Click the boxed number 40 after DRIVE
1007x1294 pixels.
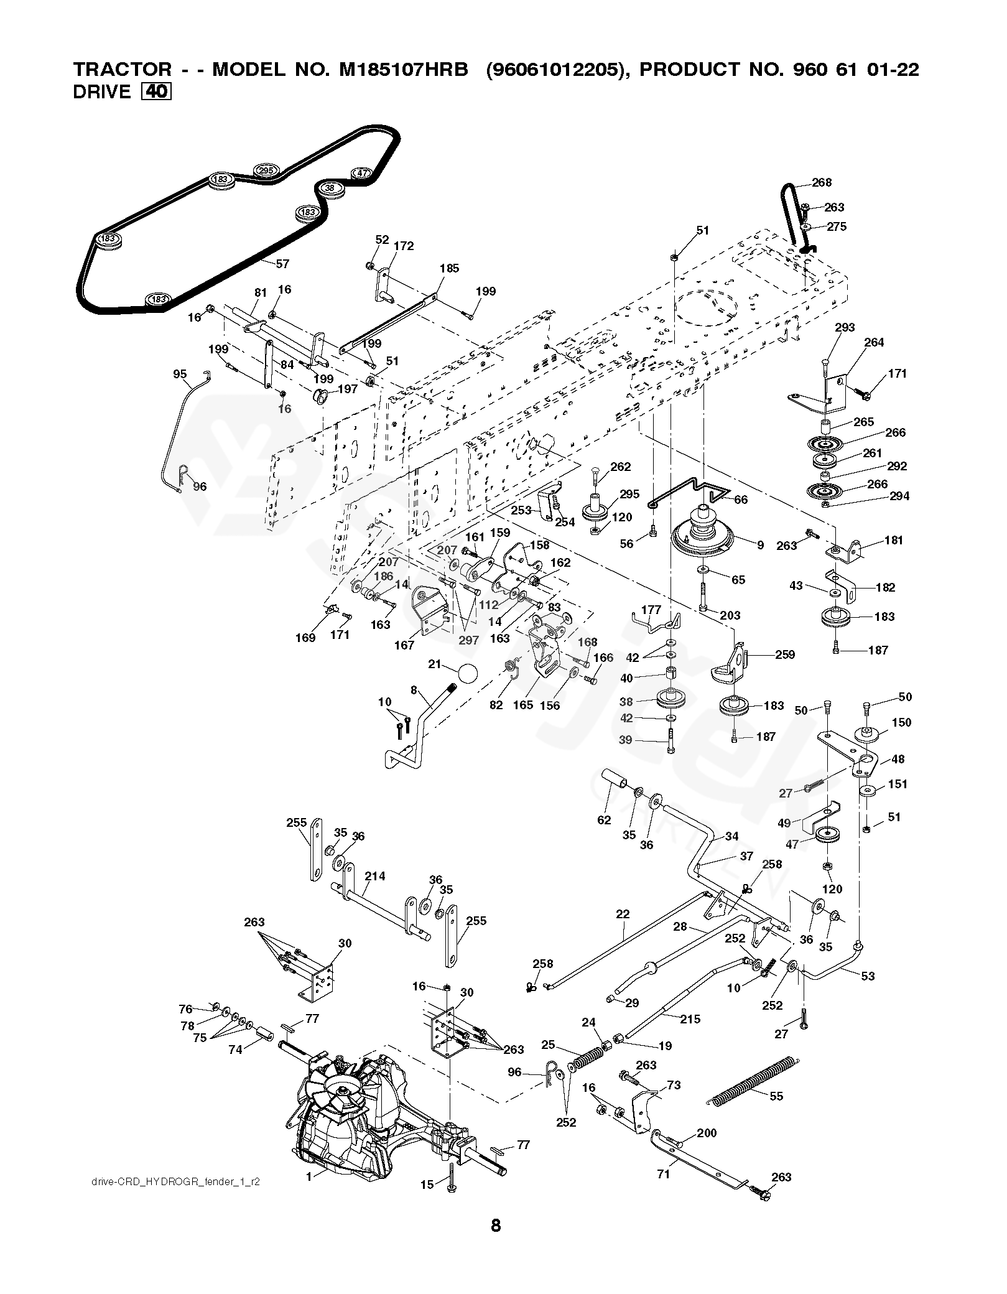pos(157,92)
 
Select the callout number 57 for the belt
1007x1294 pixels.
pos(282,264)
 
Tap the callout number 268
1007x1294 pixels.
pos(822,182)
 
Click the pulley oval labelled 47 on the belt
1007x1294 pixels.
pos(363,173)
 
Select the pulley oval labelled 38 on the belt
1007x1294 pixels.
pos(330,187)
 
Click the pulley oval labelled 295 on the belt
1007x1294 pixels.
pos(266,170)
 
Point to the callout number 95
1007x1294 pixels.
pos(180,374)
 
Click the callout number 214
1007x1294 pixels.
pos(375,876)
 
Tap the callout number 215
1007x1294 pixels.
pos(690,1019)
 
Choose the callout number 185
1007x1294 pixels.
pos(449,268)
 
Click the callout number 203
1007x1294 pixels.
pos(730,615)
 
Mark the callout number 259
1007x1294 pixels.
pos(785,654)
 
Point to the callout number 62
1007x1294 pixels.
pos(604,820)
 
